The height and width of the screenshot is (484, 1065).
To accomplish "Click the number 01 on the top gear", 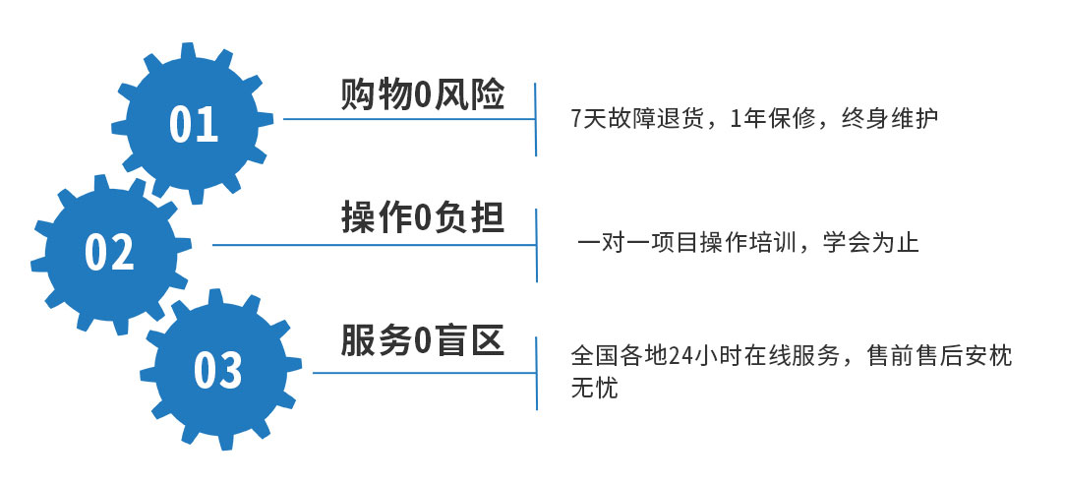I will [193, 124].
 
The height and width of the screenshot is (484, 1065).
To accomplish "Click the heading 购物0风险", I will [422, 95].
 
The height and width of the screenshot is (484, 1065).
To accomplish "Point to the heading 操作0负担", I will [422, 218].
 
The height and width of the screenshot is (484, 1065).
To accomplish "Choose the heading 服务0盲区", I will [422, 340].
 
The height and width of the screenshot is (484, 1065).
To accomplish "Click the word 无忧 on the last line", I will [594, 389].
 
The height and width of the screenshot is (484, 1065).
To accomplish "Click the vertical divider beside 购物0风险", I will [536, 119].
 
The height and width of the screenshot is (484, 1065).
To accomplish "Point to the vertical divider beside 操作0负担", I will [537, 245].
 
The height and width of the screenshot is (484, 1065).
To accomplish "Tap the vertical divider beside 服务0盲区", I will [537, 373].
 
